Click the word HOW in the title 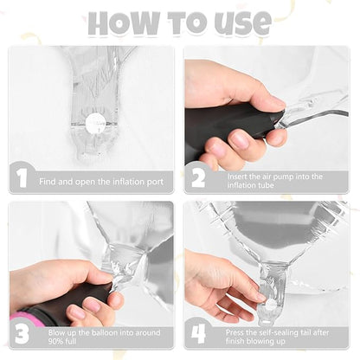point(124,23)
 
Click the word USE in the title point(241,23)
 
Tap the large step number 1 point(22,178)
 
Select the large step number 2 point(198,178)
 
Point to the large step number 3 point(22,334)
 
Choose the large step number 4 point(198,334)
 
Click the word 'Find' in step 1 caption point(48,182)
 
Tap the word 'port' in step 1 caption point(155,183)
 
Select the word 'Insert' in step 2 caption point(237,177)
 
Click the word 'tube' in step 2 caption point(265,185)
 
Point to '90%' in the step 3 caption point(55,341)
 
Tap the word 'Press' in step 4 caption point(235,332)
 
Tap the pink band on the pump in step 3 point(27,318)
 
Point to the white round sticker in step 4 point(270,305)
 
